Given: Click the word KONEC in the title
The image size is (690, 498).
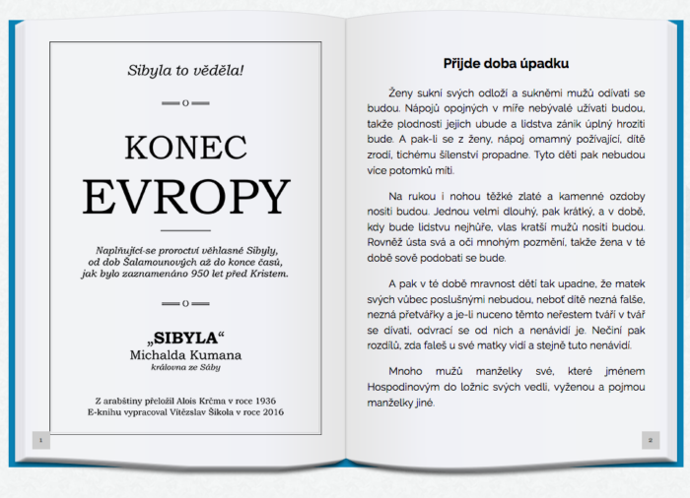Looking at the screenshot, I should tap(185, 148).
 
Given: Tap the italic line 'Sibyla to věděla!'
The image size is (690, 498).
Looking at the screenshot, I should tap(185, 70).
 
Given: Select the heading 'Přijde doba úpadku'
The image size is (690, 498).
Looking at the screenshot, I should tap(506, 63).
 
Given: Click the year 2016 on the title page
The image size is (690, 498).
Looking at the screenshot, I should tap(266, 414).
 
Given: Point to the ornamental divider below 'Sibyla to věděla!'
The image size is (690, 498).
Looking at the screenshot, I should tap(185, 102).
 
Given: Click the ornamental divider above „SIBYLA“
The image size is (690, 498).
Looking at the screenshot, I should tap(185, 305).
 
